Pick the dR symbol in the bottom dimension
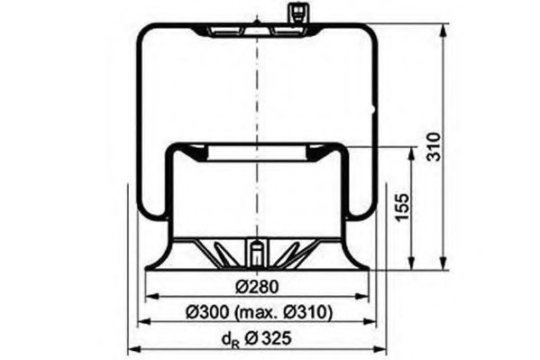pyautogui.click(x=229, y=340)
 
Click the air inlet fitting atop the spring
pyautogui.click(x=294, y=15)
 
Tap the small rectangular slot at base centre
pyautogui.click(x=256, y=252)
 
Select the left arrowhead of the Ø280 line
pyautogui.click(x=151, y=297)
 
